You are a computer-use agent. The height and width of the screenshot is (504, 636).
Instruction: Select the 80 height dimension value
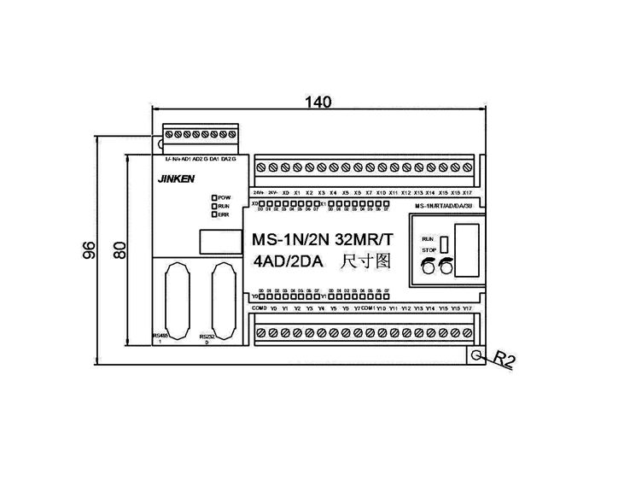tap(120, 249)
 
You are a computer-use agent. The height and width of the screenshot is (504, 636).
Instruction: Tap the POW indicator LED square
tap(214, 198)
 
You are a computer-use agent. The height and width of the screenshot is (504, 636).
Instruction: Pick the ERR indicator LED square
tap(214, 214)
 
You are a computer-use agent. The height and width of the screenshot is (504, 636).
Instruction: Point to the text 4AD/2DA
tap(286, 265)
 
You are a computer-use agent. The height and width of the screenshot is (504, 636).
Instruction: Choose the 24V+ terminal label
tap(259, 193)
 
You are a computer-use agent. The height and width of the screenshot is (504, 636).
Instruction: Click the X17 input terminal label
tap(467, 193)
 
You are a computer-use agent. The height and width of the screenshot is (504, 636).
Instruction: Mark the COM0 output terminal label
tap(260, 308)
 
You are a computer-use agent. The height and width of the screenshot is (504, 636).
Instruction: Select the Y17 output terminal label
tap(467, 308)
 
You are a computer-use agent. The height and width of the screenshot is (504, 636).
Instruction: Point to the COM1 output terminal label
tap(370, 308)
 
